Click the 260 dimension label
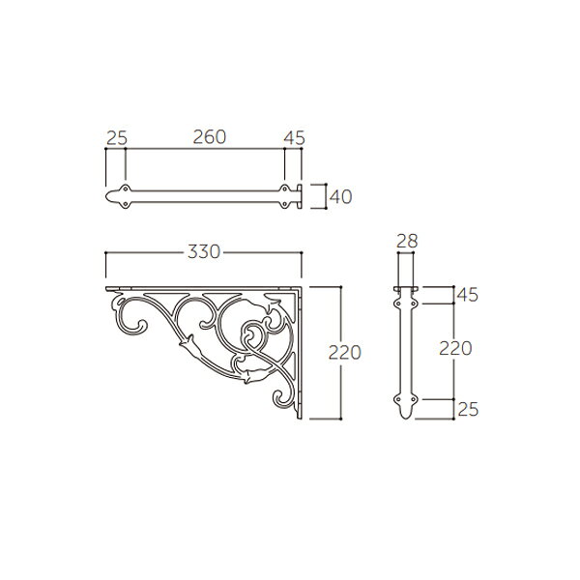210,137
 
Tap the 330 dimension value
204,252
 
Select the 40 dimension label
340,197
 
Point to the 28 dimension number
407,241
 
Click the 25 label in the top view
117,138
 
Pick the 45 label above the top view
295,138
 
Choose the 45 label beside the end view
468,295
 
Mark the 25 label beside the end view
468,409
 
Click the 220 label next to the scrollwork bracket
345,353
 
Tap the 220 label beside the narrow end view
455,348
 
